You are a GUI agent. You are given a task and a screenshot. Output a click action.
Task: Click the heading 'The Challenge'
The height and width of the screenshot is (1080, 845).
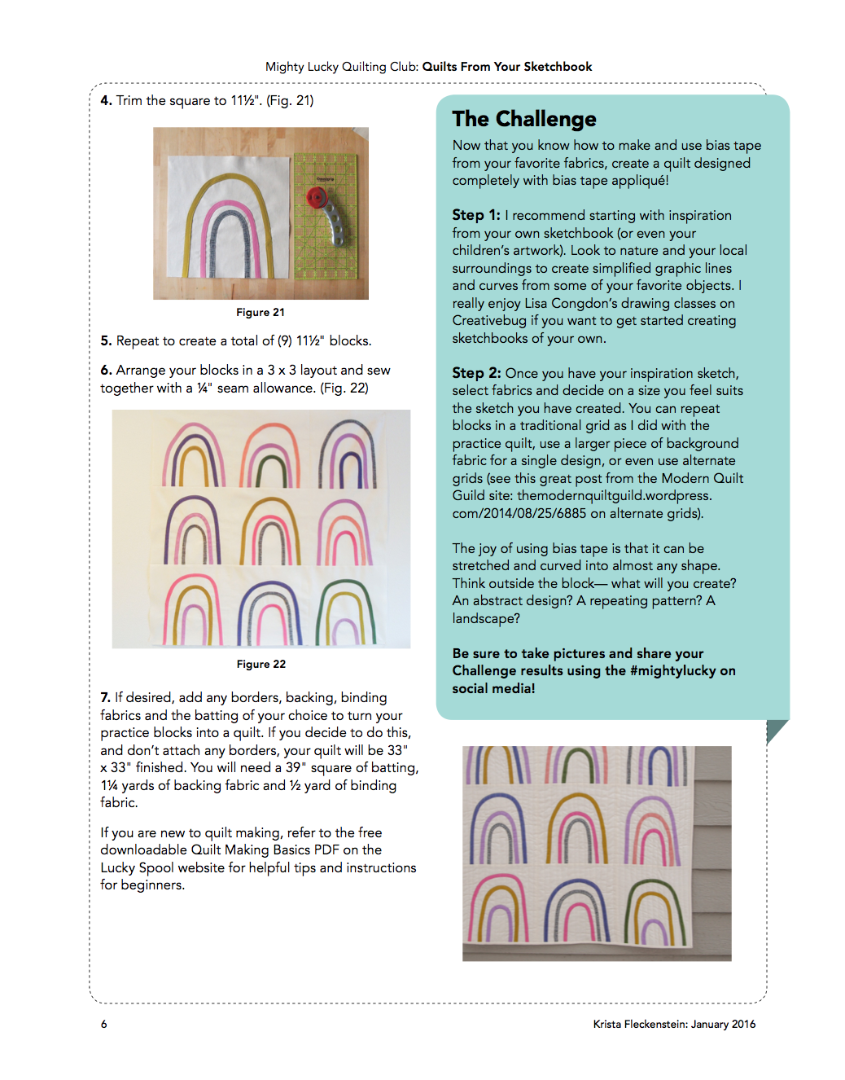524,120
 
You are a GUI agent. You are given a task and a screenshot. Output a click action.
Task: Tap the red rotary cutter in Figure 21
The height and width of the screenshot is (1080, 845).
317,198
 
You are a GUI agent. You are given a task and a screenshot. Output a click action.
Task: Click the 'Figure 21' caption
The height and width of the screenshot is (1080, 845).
261,313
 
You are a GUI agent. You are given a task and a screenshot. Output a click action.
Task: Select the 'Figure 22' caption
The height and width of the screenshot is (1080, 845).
261,665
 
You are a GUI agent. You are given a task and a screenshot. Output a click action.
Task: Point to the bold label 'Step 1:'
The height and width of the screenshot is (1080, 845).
476,215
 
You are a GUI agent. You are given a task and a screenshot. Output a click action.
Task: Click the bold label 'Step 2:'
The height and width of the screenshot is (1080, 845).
476,373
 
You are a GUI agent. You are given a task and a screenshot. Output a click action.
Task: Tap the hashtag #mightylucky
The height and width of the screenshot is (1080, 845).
672,671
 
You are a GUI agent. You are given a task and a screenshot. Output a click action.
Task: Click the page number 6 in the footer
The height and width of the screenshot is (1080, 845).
104,1025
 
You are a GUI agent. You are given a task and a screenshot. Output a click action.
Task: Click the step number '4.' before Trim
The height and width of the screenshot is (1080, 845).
106,101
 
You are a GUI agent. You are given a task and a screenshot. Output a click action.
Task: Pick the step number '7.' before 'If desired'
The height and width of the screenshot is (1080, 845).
106,698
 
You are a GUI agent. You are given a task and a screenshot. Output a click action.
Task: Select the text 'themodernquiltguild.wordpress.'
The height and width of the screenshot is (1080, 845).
615,496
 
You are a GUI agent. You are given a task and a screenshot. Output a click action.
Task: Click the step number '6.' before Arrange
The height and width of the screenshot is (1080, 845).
106,371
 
